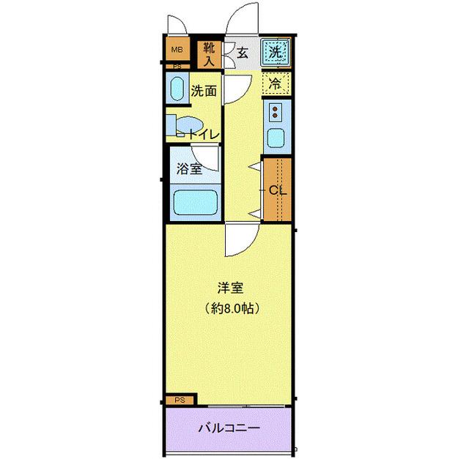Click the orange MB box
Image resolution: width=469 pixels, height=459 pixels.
click(177, 51)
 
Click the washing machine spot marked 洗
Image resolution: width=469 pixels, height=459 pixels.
click(275, 52)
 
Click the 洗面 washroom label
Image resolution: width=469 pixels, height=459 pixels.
click(204, 92)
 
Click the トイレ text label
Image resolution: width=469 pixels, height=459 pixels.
click(202, 134)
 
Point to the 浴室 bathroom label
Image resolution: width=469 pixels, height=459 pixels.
click(189, 168)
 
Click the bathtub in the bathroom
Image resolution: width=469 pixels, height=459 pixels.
click(195, 203)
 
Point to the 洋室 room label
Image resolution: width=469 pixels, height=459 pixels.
click(225, 288)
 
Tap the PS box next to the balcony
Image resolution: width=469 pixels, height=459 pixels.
click(180, 400)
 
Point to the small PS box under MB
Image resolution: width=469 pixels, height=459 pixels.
click(176, 66)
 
